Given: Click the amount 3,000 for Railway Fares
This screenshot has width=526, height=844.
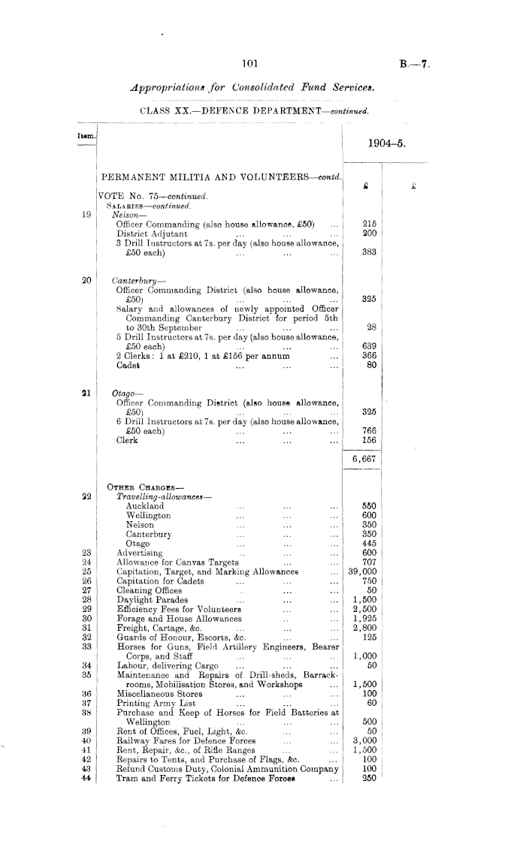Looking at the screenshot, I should (364, 737).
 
